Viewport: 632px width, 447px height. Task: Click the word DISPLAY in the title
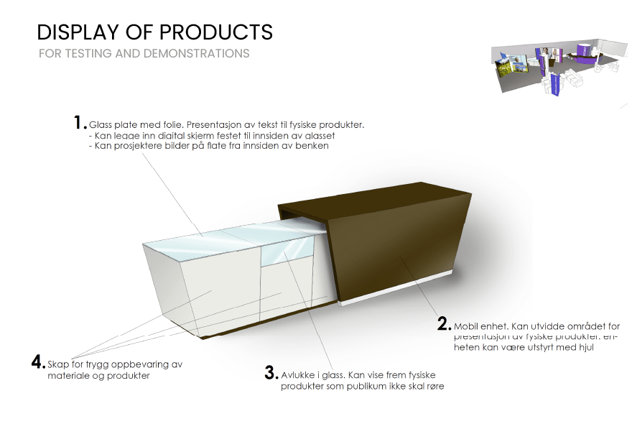(x=77, y=32)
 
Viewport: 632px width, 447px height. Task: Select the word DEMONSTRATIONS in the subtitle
(x=196, y=54)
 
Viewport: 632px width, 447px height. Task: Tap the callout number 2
(x=444, y=324)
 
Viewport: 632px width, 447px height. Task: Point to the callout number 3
(x=271, y=373)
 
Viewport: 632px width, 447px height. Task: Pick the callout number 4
(x=38, y=362)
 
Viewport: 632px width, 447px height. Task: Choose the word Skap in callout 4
(x=59, y=364)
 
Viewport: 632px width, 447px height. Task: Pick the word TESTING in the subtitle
(x=87, y=54)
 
